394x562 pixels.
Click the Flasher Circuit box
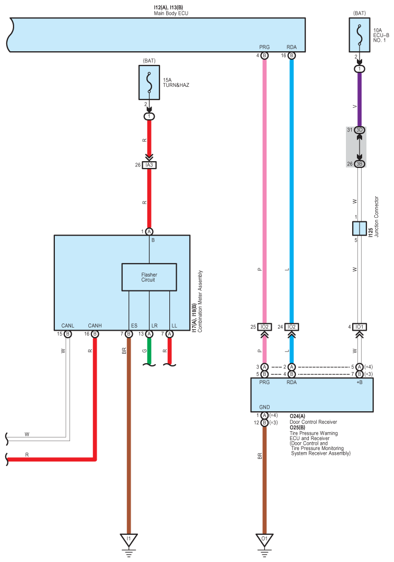149,277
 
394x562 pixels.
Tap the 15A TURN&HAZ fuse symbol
149,83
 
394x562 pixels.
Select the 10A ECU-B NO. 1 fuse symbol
360,35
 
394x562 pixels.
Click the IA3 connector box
149,165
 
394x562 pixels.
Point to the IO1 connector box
360,327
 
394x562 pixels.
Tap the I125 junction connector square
360,228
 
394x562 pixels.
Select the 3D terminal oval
360,130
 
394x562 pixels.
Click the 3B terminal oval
360,164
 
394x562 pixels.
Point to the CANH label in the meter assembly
95,325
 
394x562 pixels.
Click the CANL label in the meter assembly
67,325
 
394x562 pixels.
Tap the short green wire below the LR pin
149,351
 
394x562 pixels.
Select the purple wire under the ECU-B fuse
360,99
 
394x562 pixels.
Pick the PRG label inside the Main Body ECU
264,47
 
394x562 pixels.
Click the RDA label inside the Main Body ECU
292,47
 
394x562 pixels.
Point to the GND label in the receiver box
264,407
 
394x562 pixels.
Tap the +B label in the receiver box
360,382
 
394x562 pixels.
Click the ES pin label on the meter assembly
134,325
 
